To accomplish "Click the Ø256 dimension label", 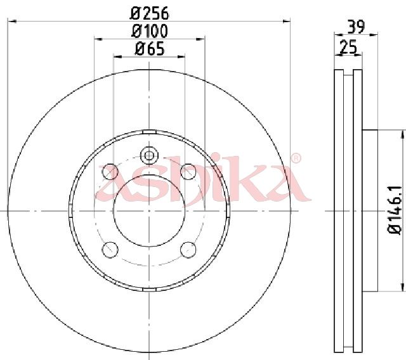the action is click(x=149, y=13).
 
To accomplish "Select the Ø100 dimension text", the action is click(x=150, y=31).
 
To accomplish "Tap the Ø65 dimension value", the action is click(x=150, y=49).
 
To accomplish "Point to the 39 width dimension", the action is click(x=356, y=27).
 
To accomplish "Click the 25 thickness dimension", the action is click(x=348, y=47).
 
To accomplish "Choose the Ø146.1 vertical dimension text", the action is click(x=395, y=210).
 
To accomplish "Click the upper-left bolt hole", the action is click(x=110, y=172).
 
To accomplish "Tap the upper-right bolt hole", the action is click(x=188, y=172).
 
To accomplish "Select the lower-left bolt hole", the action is click(x=110, y=250).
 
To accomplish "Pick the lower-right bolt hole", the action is click(x=188, y=250).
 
